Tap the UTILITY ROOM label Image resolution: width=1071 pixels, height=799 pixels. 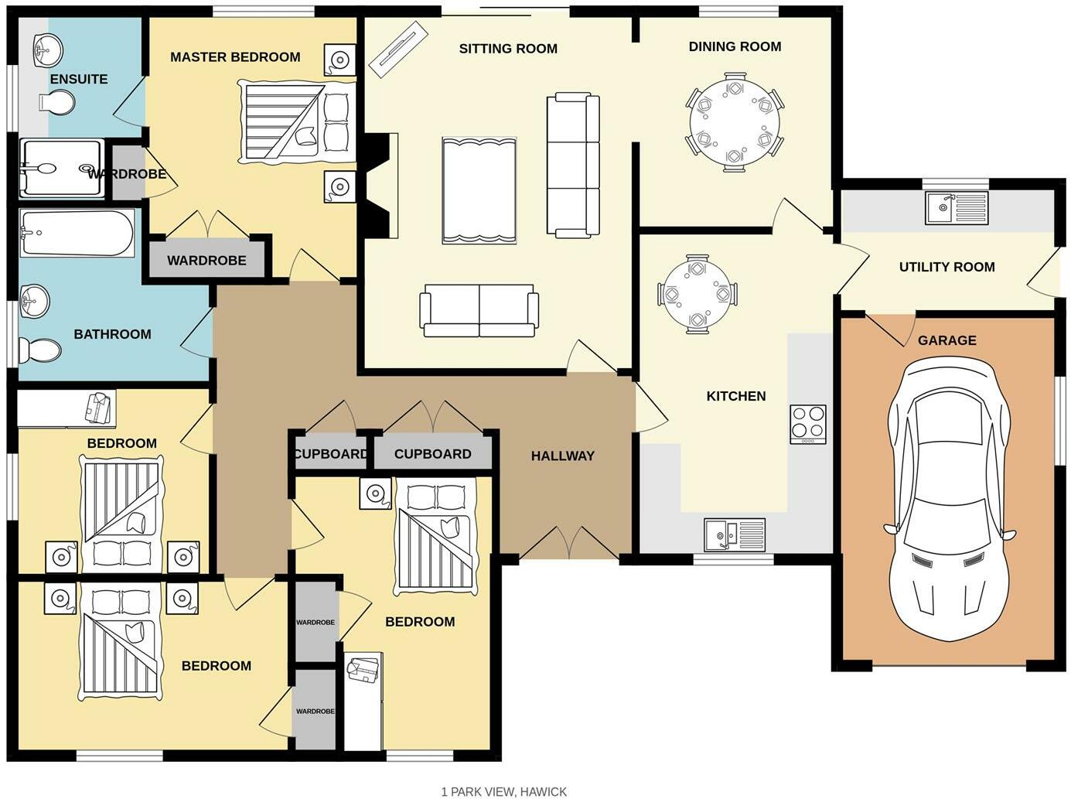tap(947, 267)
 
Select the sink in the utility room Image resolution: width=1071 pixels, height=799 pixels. tap(957, 208)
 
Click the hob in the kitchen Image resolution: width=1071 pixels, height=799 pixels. tap(808, 424)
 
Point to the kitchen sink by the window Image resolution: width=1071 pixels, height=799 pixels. tap(735, 534)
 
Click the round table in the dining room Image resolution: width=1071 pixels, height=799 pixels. tap(734, 123)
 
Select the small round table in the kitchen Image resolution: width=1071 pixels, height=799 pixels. tap(697, 294)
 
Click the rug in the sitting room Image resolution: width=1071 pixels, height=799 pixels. tap(479, 190)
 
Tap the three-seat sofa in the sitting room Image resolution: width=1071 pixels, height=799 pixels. tap(573, 165)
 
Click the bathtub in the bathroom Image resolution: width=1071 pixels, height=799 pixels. tap(77, 233)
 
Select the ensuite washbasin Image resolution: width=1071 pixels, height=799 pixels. tap(47, 51)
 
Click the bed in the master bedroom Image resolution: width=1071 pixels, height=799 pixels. tap(297, 121)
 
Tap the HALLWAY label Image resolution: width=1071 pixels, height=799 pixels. tap(562, 456)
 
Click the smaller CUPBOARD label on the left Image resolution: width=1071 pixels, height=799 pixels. tap(330, 454)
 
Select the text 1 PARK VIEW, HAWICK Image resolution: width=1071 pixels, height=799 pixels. tap(503, 791)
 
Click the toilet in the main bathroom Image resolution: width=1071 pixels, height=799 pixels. tap(39, 350)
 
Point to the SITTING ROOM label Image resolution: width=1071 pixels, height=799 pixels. tap(508, 49)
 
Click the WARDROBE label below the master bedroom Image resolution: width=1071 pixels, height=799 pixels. tap(206, 261)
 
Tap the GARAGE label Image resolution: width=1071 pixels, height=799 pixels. tap(947, 340)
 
